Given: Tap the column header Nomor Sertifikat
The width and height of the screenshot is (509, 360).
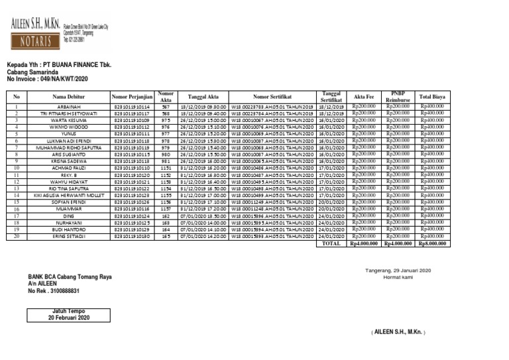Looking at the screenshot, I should coord(272,97).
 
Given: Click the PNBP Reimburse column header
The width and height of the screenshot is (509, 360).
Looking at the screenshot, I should coord(398,97).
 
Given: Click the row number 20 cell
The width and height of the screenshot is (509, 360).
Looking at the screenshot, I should coord(17,236).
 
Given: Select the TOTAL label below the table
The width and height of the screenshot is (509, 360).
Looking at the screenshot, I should coord(331,243).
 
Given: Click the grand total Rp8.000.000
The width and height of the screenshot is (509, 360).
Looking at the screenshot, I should coord(432,243).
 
